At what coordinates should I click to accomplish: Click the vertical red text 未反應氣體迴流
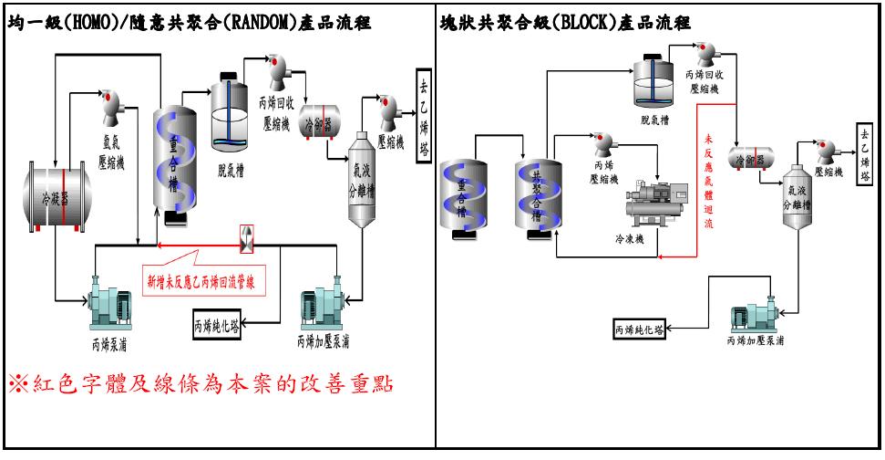click(709, 182)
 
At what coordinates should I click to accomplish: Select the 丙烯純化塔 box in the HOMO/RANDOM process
click(221, 323)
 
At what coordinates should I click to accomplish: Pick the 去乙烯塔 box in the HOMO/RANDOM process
click(424, 114)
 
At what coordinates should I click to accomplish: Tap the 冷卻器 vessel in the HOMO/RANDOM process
click(319, 123)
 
